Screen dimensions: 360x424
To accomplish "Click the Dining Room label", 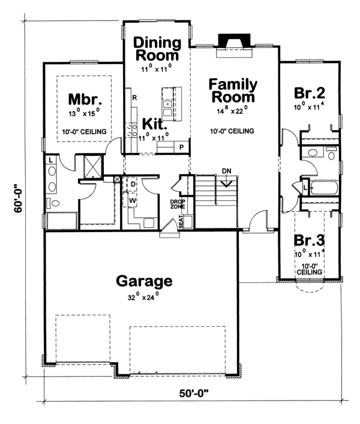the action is (157, 49).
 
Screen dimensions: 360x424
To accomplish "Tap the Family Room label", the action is (233, 91).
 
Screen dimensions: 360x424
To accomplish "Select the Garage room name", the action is (144, 281).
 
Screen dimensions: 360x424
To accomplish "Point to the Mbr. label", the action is (85, 99).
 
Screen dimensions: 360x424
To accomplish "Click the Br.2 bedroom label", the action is (310, 93).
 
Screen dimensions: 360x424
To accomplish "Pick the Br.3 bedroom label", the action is (309, 240).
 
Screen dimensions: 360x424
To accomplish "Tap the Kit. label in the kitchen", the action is (154, 124).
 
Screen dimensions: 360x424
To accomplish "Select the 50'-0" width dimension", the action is (194, 393).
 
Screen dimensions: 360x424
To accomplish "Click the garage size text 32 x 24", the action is (143, 297).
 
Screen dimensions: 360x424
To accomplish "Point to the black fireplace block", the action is (234, 40).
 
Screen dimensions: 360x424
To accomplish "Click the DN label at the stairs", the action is (227, 171).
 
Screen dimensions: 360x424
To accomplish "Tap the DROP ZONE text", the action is (178, 204).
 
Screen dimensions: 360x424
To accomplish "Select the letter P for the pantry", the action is (182, 147).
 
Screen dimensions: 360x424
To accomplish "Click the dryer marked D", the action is (133, 184).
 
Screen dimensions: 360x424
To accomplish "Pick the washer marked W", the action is (132, 200).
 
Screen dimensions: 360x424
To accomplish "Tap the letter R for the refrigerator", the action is (134, 98).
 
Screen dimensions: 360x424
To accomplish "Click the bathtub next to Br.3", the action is (324, 187).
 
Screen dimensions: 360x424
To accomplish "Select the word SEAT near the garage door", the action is (181, 221).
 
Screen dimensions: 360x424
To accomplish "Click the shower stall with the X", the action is (94, 167).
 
